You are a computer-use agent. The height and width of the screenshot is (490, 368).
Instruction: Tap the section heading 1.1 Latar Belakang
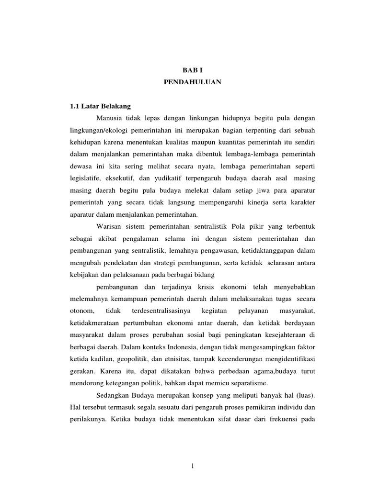pyautogui.click(x=101, y=105)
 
